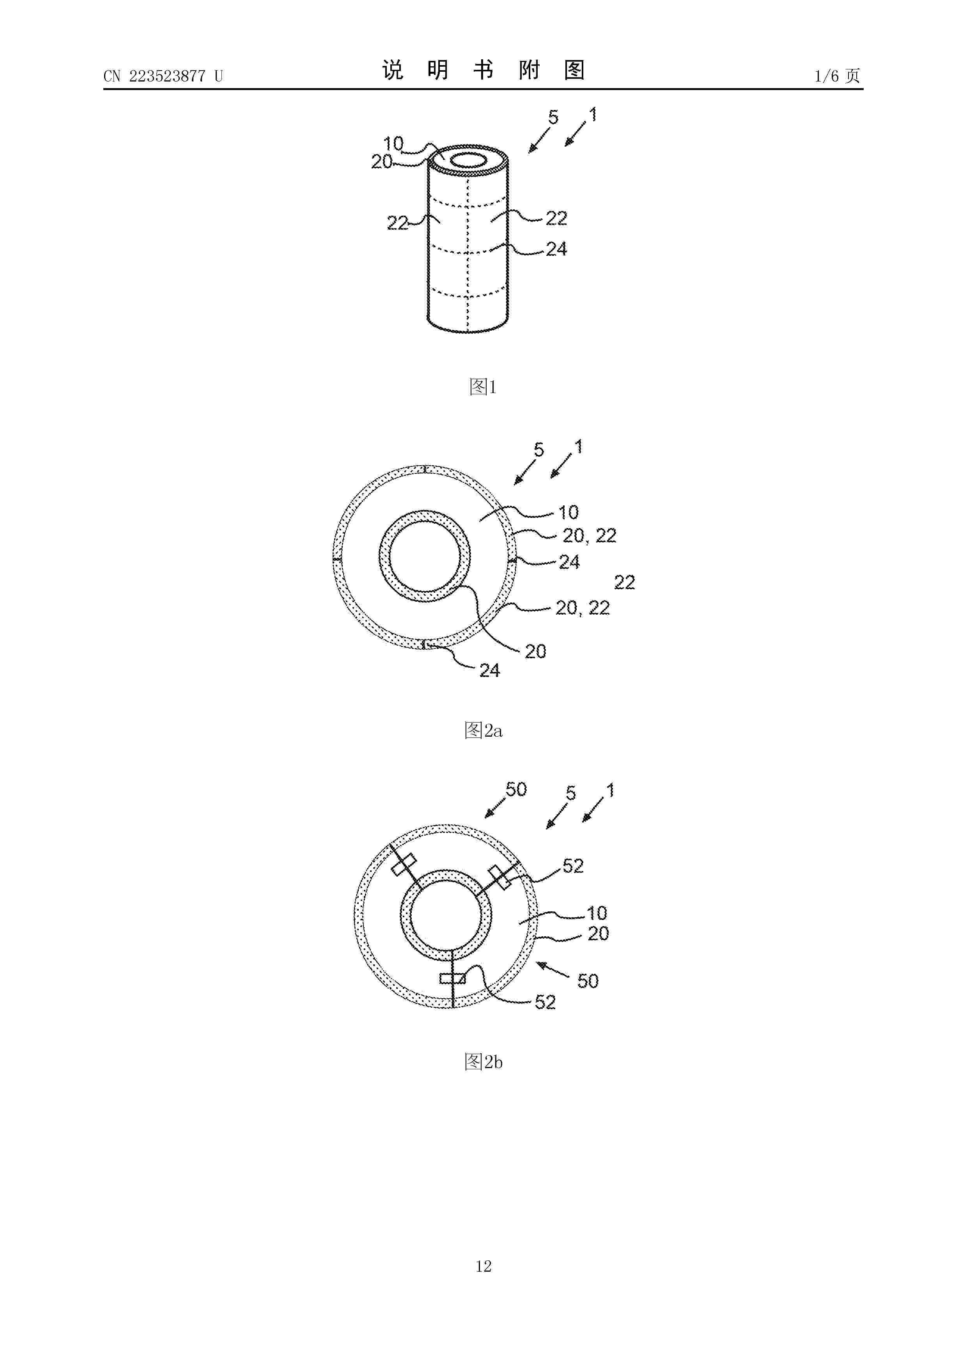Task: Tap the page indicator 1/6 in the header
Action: click(827, 76)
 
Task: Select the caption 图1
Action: click(483, 387)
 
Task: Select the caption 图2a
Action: click(483, 730)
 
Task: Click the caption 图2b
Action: click(483, 1062)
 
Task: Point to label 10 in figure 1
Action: click(393, 144)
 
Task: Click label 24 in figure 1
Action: click(556, 249)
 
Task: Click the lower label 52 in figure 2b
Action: click(545, 1002)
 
